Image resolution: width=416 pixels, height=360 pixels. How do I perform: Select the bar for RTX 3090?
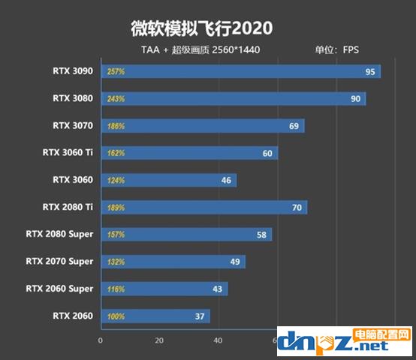(x=240, y=72)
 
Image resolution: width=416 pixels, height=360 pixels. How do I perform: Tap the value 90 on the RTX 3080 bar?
(x=355, y=99)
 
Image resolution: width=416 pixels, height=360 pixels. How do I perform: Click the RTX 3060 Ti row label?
(x=68, y=153)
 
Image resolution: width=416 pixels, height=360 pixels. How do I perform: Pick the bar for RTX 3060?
(x=169, y=180)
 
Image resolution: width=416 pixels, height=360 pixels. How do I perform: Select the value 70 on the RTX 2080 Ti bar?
(x=297, y=208)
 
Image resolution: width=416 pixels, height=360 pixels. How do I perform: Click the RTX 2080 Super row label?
(x=59, y=234)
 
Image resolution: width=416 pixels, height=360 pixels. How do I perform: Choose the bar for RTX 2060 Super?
(x=164, y=289)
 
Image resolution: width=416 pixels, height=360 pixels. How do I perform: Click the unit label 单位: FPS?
(x=337, y=51)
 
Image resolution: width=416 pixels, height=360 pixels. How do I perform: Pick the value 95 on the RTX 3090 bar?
(x=369, y=72)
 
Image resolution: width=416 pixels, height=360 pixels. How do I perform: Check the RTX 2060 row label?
(x=73, y=316)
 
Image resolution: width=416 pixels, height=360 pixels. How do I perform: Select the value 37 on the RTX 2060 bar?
(x=200, y=316)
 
